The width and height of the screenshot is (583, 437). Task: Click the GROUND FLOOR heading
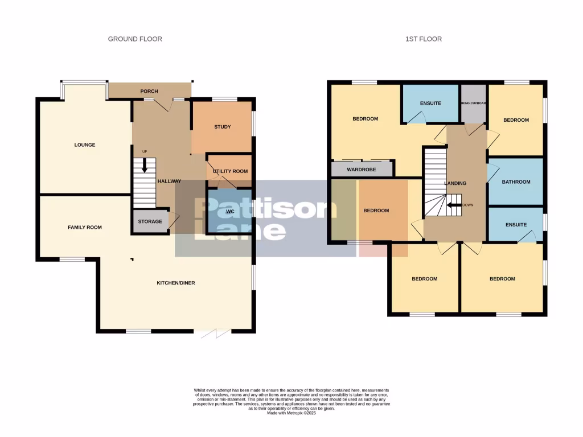pyautogui.click(x=135, y=39)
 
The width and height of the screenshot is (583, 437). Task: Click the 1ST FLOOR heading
pyautogui.click(x=423, y=39)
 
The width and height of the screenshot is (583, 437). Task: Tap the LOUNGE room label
pyautogui.click(x=84, y=145)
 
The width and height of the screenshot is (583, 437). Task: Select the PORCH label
pyautogui.click(x=149, y=91)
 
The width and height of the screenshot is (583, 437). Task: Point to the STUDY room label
pyautogui.click(x=222, y=127)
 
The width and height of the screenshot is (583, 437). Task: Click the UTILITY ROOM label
pyautogui.click(x=230, y=171)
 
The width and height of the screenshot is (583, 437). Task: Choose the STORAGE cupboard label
pyautogui.click(x=150, y=221)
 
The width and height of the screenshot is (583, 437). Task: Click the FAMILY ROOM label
pyautogui.click(x=85, y=228)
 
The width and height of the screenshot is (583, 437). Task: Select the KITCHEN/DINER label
pyautogui.click(x=176, y=283)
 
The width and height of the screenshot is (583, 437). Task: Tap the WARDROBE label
pyautogui.click(x=362, y=169)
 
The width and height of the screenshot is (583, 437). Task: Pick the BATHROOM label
pyautogui.click(x=516, y=182)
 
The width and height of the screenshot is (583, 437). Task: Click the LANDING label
pyautogui.click(x=455, y=183)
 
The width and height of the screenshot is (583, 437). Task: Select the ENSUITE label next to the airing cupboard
pyautogui.click(x=430, y=104)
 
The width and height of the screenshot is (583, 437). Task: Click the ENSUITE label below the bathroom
pyautogui.click(x=516, y=225)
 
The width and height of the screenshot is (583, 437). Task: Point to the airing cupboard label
pyautogui.click(x=473, y=104)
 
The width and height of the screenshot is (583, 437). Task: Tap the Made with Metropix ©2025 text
pyautogui.click(x=291, y=413)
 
